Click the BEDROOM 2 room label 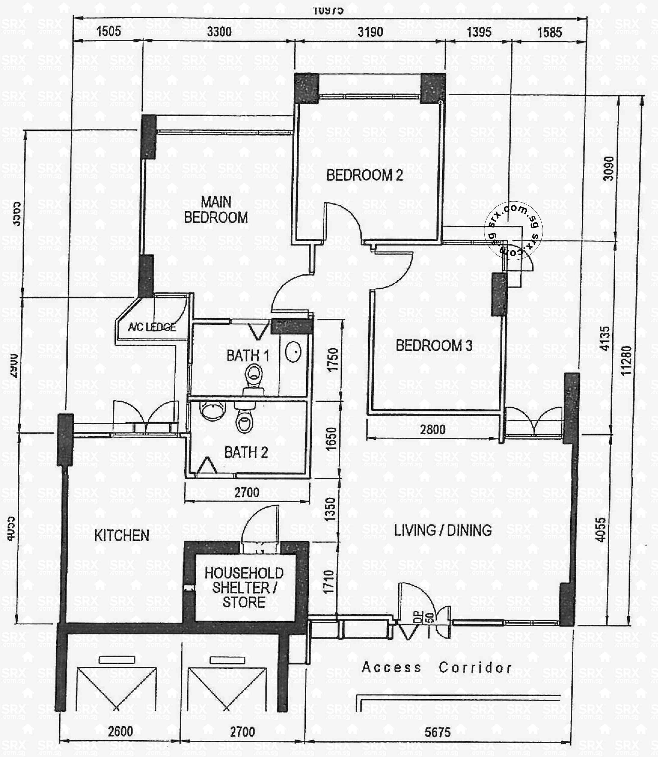pyautogui.click(x=364, y=175)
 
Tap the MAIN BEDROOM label pyautogui.click(x=216, y=210)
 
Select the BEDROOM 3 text pyautogui.click(x=434, y=346)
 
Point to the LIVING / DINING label pyautogui.click(x=443, y=530)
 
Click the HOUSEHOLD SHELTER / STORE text pyautogui.click(x=244, y=588)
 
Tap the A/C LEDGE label pyautogui.click(x=151, y=327)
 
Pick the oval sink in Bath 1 pyautogui.click(x=293, y=352)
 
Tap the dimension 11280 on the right pyautogui.click(x=626, y=361)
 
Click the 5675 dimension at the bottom pyautogui.click(x=437, y=732)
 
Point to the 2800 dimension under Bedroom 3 pyautogui.click(x=433, y=429)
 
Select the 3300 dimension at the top pyautogui.click(x=219, y=32)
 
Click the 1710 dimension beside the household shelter pyautogui.click(x=329, y=581)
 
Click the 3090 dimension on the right pyautogui.click(x=608, y=169)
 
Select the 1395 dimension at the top pyautogui.click(x=479, y=32)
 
